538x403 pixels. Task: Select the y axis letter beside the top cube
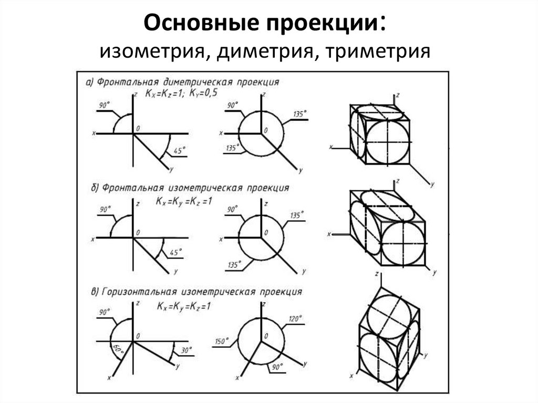pos(431,184)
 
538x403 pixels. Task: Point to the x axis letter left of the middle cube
pos(329,233)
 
